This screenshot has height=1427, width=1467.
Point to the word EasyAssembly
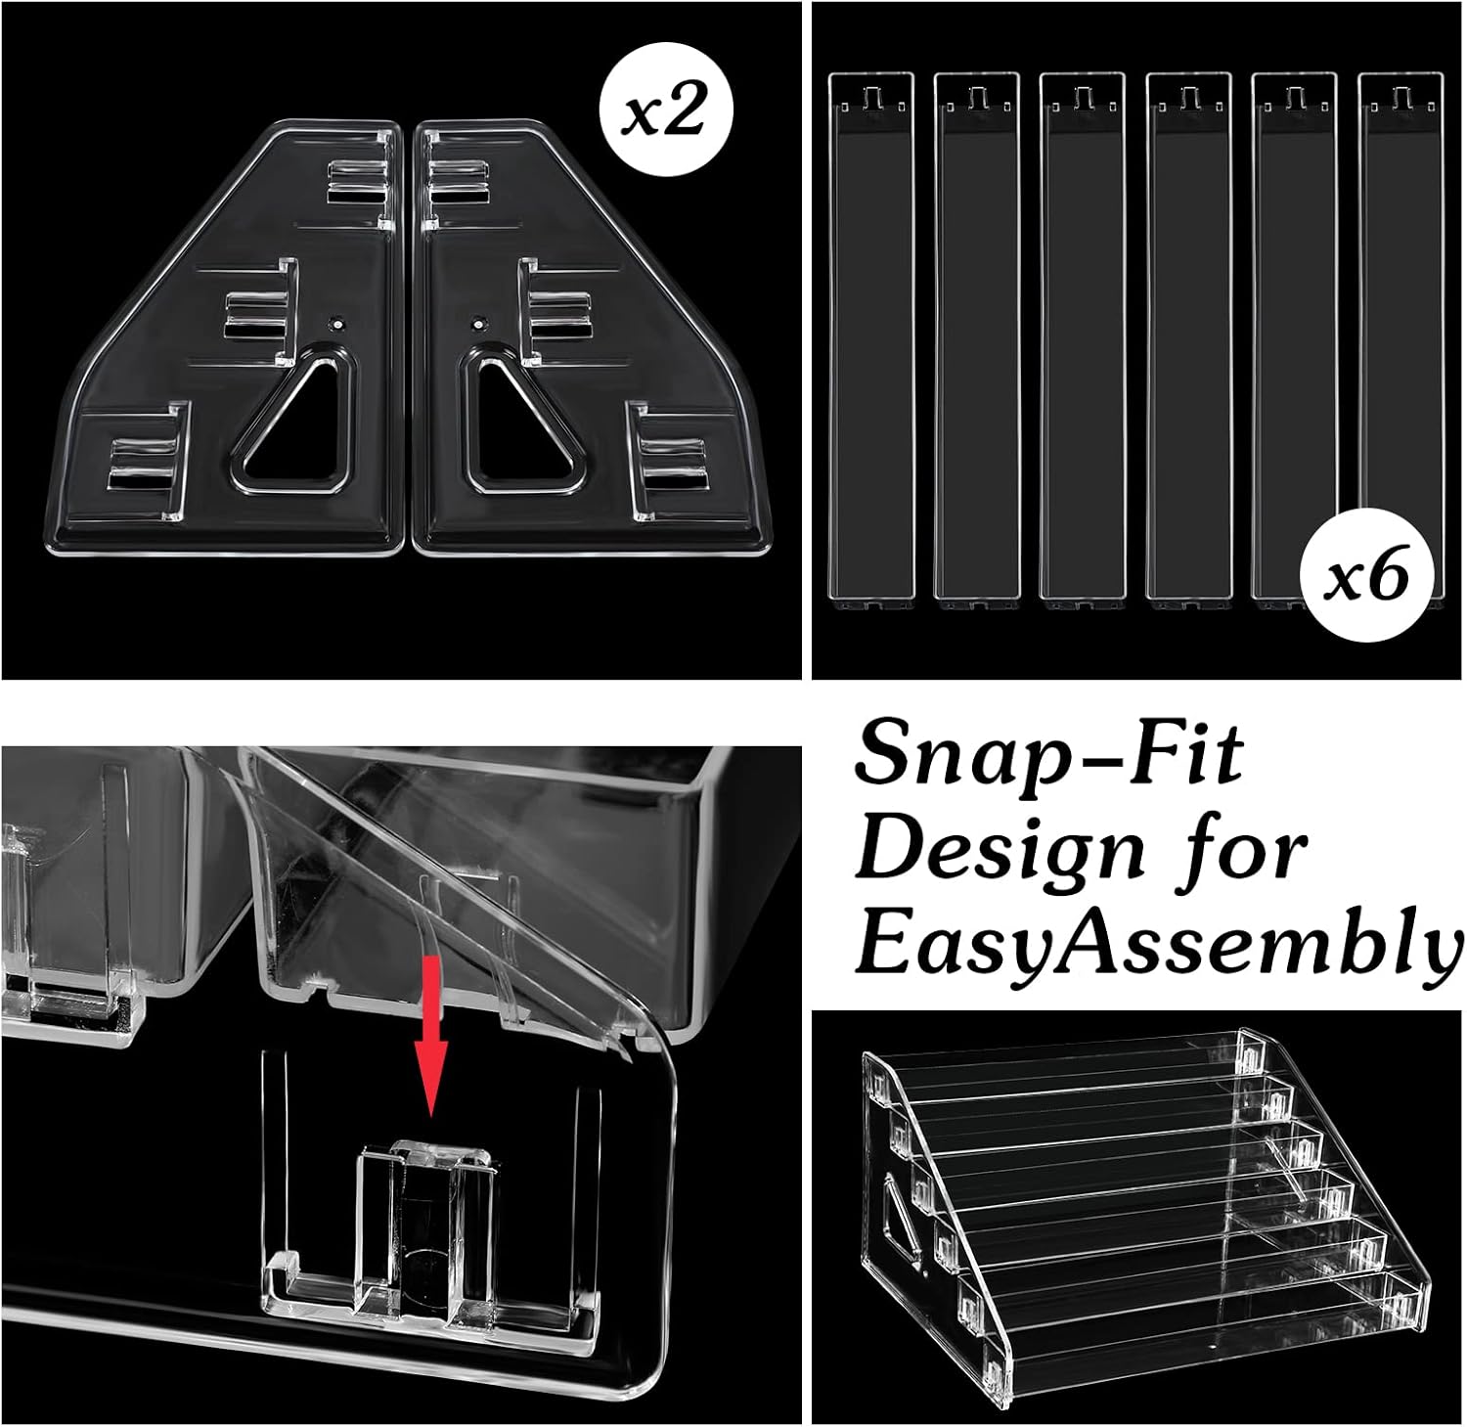[x=1159, y=944]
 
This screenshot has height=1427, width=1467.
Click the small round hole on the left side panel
[x=337, y=321]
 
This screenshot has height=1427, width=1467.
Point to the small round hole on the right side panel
[x=477, y=321]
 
